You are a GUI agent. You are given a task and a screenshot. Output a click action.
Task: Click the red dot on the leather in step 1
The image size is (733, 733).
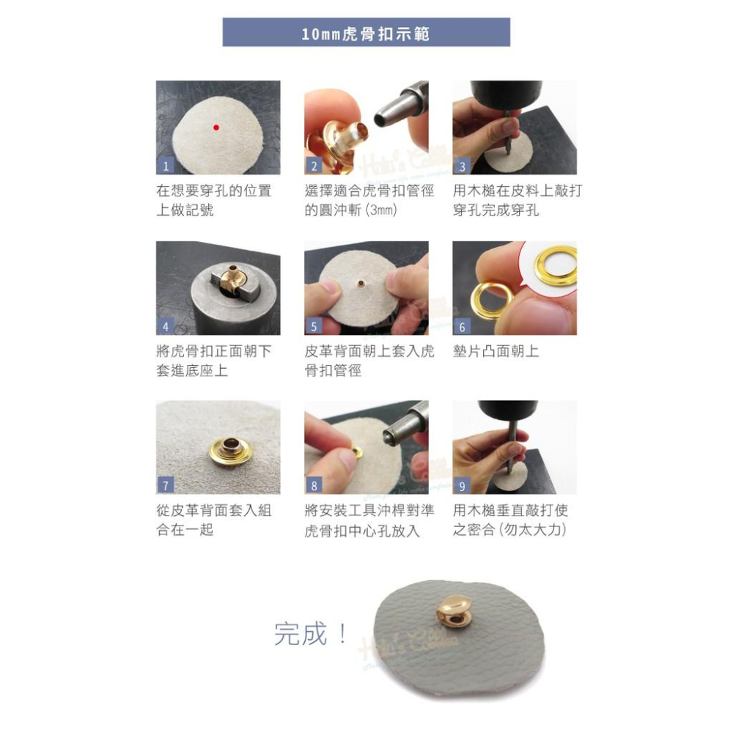[216, 128]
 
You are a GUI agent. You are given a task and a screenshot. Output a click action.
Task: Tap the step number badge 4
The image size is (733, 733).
[166, 326]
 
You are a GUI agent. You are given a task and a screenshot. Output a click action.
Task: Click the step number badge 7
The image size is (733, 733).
[166, 485]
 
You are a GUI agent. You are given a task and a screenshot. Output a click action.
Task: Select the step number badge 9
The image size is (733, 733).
[462, 485]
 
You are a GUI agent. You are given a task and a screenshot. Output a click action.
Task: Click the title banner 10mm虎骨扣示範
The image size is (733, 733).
[366, 33]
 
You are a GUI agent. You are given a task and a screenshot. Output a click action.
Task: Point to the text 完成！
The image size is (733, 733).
[310, 634]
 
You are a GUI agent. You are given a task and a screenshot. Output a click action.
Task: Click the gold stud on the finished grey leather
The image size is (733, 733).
[454, 611]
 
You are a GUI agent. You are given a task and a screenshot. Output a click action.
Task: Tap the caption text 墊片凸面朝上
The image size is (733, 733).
[496, 351]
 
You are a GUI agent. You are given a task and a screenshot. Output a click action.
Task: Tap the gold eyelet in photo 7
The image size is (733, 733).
[230, 449]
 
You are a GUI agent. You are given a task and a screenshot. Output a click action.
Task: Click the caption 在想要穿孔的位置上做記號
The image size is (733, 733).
[213, 201]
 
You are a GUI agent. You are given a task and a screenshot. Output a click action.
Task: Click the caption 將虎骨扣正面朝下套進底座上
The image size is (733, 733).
[213, 361]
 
